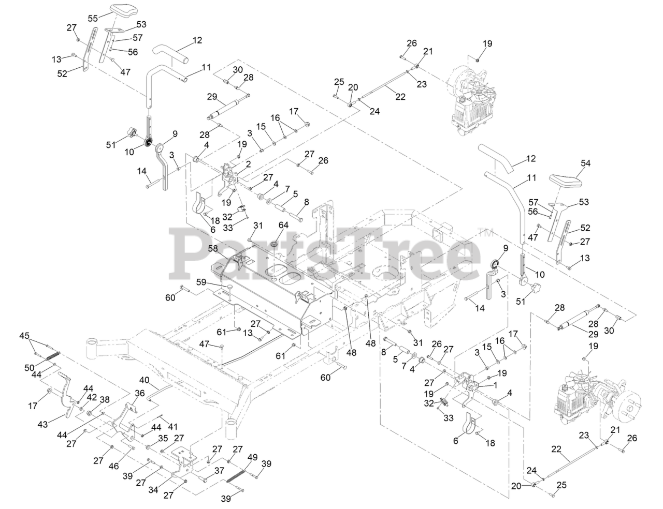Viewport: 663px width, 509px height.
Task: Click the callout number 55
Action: coord(93,18)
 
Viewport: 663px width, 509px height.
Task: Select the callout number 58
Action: coord(213,248)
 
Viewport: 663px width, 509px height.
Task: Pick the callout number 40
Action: coord(145,380)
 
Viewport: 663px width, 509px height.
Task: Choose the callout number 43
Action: coord(43,424)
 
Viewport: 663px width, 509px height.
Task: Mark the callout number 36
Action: coord(139,393)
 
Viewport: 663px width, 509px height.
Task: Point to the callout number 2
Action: coord(248,163)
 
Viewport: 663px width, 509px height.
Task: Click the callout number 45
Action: coord(24,336)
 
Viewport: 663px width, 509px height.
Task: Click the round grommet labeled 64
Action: coord(275,243)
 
